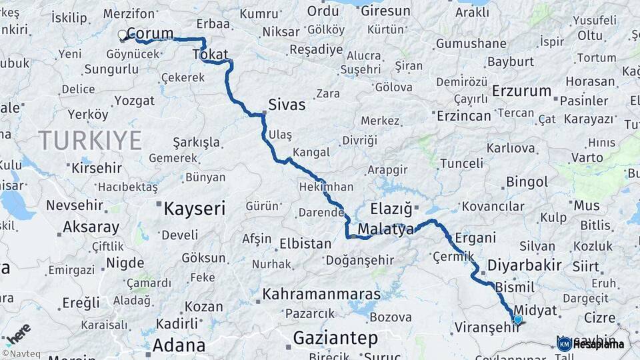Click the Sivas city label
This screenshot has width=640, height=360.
287,105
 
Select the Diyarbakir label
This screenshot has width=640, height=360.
524,265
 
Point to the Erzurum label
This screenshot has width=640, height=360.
522,91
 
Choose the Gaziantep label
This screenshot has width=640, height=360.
335,338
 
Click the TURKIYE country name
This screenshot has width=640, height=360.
90,141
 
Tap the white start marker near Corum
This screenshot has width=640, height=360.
122,34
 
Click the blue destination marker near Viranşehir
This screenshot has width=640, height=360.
517,320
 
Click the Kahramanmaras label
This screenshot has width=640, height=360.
321,294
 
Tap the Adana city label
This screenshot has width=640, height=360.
179,345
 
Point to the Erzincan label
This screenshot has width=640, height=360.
463,115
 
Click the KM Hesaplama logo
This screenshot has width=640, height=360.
591,344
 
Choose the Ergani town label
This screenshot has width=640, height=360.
475,237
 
